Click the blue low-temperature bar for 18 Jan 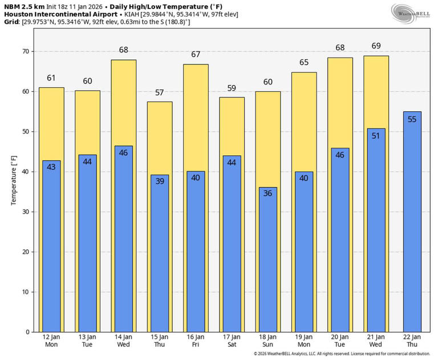[x=268, y=262]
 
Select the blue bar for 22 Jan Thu [x=412, y=228]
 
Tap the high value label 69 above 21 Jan [x=376, y=46]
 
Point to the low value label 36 [x=268, y=193]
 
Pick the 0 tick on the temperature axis [x=26, y=331]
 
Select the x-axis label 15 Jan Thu [x=160, y=341]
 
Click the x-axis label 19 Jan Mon [x=304, y=341]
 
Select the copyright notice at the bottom [x=342, y=354]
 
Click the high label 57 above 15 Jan [x=160, y=92]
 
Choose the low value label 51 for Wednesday [x=376, y=136]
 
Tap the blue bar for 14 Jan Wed [x=123, y=240]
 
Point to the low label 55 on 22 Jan [x=412, y=119]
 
